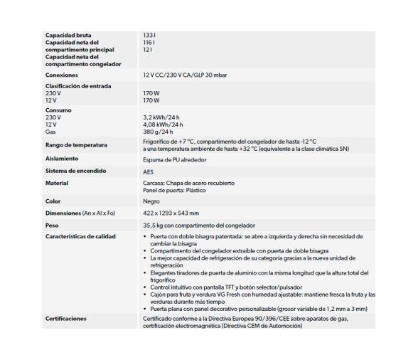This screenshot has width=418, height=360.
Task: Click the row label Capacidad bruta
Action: pyautogui.click(x=68, y=35)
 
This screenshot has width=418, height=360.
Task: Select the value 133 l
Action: pyautogui.click(x=149, y=35)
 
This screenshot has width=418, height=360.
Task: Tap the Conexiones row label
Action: pyautogui.click(x=61, y=75)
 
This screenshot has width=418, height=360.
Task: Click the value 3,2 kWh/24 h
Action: pyautogui.click(x=163, y=117)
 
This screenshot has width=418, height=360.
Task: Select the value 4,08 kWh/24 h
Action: pyautogui.click(x=164, y=125)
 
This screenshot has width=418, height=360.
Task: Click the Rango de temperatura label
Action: pyautogui.click(x=76, y=145)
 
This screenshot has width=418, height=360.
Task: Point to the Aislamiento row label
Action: pyautogui.click(x=61, y=158)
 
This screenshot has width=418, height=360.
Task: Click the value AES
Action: pyautogui.click(x=149, y=171)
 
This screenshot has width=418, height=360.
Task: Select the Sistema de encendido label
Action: pyautogui.click(x=75, y=171)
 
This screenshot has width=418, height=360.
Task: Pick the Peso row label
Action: pyautogui.click(x=53, y=224)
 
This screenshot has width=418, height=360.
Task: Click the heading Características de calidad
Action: pyautogui.click(x=80, y=235)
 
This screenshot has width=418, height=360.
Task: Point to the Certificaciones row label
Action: pyautogui.click(x=66, y=318)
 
